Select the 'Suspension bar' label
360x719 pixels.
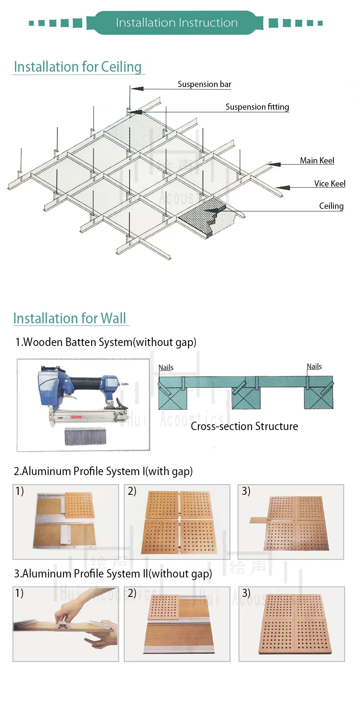(204, 84)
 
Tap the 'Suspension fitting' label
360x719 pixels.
(257, 107)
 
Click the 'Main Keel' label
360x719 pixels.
(317, 161)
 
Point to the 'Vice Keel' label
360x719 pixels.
(329, 184)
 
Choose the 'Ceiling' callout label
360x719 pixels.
(331, 206)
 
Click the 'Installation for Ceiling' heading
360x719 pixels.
(78, 67)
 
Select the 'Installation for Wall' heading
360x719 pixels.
(70, 319)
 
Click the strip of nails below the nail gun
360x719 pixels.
(85, 436)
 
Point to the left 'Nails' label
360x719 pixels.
(166, 368)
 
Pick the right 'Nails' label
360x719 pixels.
(314, 366)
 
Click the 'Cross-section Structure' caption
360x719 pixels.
(244, 426)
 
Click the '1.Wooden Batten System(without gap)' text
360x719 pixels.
(106, 342)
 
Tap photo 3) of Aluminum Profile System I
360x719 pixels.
(291, 522)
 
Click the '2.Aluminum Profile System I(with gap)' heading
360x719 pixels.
(103, 471)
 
